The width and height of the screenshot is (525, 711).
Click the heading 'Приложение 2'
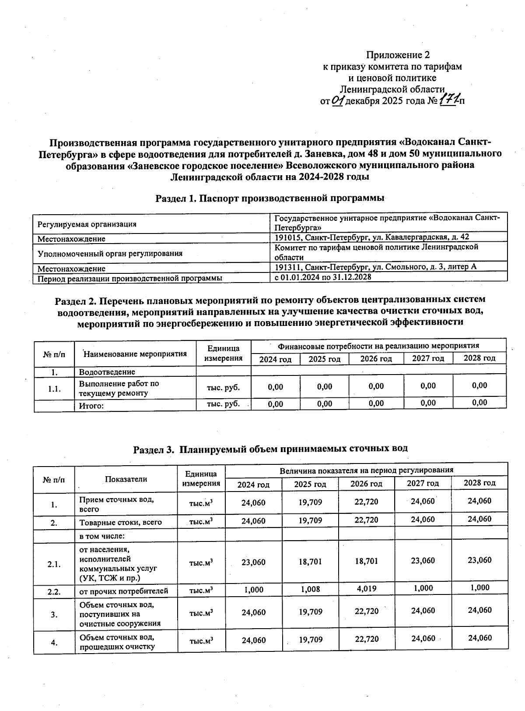[398, 55]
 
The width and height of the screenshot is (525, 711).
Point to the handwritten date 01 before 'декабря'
[338, 101]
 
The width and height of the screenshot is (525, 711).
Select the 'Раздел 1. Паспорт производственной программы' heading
[270, 198]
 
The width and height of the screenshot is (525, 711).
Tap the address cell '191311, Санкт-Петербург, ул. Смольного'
[375, 267]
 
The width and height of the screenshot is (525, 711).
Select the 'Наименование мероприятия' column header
[135, 354]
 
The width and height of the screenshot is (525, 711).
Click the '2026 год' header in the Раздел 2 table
[376, 359]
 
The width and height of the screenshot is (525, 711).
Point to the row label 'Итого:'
[91, 406]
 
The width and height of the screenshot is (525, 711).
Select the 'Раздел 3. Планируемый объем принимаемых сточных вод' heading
[270, 449]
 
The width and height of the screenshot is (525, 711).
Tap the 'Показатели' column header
[126, 479]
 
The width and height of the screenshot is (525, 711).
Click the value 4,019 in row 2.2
[366, 589]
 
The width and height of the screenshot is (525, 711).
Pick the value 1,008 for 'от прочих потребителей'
[310, 589]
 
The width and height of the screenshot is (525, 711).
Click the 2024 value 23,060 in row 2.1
[253, 562]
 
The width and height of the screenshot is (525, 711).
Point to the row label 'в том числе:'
[99, 536]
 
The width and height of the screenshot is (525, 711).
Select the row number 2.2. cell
[54, 591]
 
